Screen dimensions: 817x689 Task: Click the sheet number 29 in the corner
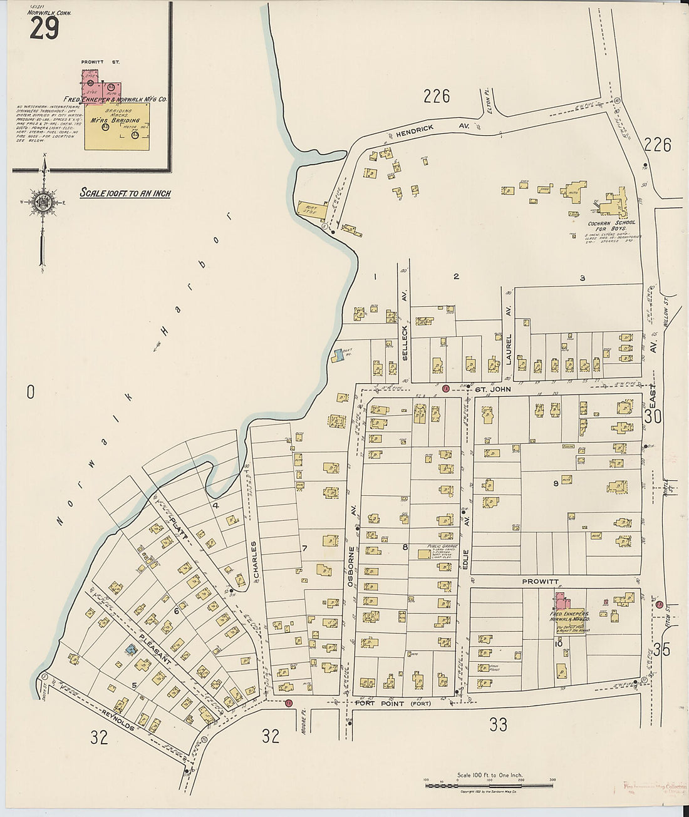(x=44, y=28)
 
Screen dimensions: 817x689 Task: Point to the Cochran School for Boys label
(x=611, y=226)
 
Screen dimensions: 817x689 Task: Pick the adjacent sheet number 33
(x=498, y=724)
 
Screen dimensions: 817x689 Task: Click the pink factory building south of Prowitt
(x=561, y=601)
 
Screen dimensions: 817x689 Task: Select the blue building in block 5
(x=131, y=650)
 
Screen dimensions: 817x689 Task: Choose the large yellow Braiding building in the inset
(x=118, y=126)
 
